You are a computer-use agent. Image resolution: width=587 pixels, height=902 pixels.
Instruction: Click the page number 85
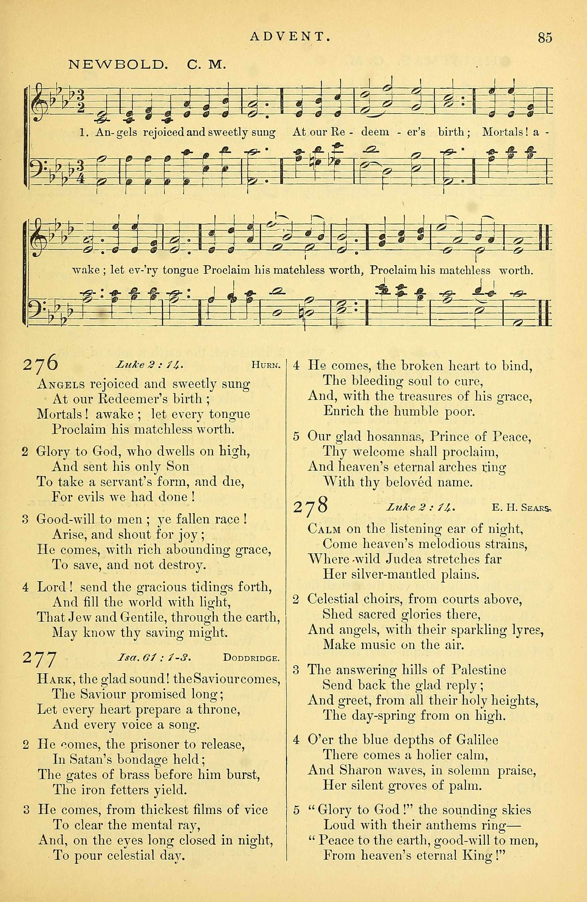(x=544, y=38)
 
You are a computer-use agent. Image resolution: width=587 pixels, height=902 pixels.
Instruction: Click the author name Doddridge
(x=251, y=658)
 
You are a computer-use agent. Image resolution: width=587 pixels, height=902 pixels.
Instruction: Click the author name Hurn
(x=265, y=366)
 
